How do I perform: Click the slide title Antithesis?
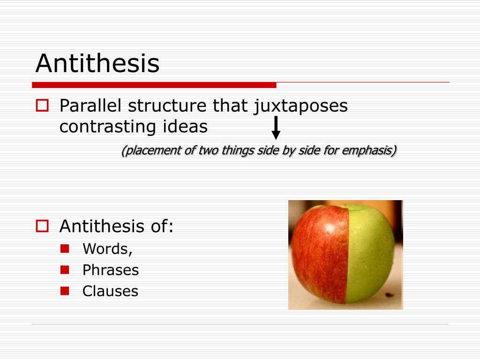(x=97, y=63)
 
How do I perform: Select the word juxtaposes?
(x=300, y=106)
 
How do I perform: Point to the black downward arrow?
(x=276, y=127)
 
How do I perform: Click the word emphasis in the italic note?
(x=368, y=150)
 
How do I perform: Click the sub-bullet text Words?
(x=107, y=249)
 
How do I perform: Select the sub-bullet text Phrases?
(x=111, y=270)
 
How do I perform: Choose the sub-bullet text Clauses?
(x=110, y=291)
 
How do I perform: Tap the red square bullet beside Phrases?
(x=65, y=269)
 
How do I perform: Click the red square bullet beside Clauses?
(x=65, y=290)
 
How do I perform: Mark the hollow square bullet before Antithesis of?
(x=42, y=227)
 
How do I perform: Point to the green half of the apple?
(x=370, y=253)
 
